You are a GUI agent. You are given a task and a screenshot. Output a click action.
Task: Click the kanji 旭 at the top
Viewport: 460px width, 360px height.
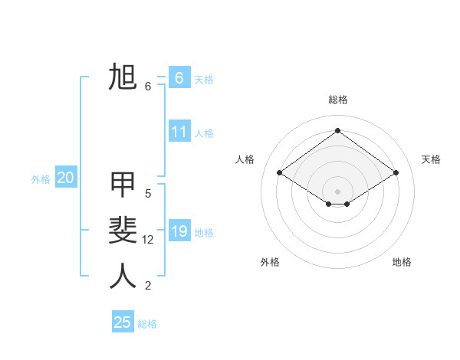coord(123,78)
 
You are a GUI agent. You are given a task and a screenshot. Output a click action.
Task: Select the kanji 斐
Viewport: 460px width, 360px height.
coord(123,230)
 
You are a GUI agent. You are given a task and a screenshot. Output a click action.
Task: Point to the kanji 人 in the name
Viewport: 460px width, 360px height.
coord(123,276)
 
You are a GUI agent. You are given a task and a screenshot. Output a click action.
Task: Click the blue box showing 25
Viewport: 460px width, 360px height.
coord(123,322)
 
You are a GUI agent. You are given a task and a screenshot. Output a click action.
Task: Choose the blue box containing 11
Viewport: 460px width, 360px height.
coord(179,132)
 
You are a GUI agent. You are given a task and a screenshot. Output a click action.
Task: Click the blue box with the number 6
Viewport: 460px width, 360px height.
coord(179,78)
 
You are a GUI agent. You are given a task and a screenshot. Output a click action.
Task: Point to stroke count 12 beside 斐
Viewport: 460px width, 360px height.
coord(148,240)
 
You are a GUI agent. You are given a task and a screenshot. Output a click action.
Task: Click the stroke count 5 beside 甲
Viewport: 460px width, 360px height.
coord(148,194)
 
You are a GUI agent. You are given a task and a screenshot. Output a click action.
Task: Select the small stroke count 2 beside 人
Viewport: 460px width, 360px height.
coord(148,286)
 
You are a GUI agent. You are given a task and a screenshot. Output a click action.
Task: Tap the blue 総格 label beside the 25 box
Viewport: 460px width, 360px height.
coord(147,324)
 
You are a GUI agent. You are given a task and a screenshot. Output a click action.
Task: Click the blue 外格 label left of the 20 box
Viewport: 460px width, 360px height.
coord(41,179)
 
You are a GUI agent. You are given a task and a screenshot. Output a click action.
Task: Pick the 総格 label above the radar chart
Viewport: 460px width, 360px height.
coord(338,100)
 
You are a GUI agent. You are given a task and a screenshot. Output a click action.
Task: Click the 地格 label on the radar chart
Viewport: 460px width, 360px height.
coord(402,262)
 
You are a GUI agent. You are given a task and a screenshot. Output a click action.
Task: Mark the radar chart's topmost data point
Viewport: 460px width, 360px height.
coord(337,131)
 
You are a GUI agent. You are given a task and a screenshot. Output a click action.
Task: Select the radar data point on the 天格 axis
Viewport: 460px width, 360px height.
coord(396,173)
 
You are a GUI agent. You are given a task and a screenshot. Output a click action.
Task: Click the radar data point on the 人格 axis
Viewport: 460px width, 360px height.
coord(279,173)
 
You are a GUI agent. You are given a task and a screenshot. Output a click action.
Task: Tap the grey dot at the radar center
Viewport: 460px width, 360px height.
coord(337,191)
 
